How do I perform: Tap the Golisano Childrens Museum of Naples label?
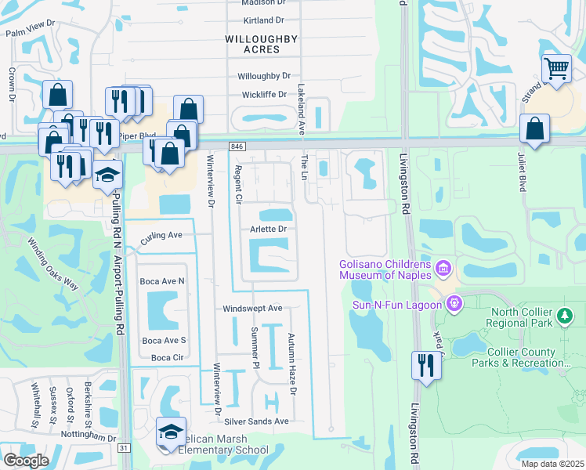point(385,269)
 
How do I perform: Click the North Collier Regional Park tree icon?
point(565,316)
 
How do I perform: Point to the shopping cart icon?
point(556,68)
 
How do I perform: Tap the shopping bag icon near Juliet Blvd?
point(534,129)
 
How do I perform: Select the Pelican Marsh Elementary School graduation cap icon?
point(170,431)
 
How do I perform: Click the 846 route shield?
point(237,146)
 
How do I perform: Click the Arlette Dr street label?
point(268,229)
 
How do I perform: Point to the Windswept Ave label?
point(252,309)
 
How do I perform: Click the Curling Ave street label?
point(161,235)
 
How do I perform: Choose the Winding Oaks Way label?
point(54,263)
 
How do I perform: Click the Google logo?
point(26,461)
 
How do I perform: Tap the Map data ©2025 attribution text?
point(552,464)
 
